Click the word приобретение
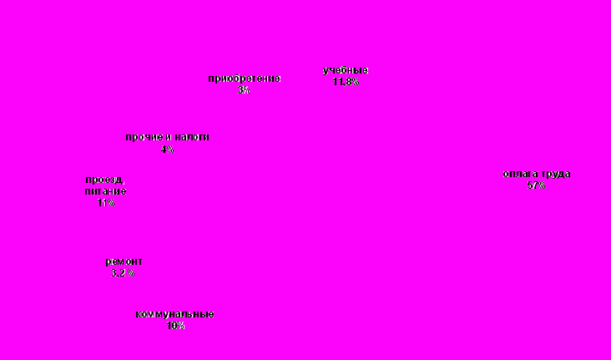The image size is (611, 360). pos(244,79)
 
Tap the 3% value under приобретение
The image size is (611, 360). pos(244,89)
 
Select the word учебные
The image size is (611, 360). pos(346,70)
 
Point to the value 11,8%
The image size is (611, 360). pos(346,82)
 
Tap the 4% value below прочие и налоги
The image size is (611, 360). pos(167,149)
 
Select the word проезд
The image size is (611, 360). pos(104,180)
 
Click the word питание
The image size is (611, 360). pos(105,191)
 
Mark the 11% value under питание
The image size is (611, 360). pos(105,202)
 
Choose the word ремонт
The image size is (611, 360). pos(124,261)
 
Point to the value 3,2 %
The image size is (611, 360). pos(123,273)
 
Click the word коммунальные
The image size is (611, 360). pos(174,314)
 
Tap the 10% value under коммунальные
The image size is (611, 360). pos(174,326)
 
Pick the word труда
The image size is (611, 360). pos(555,174)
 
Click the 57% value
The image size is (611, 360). pos(536,185)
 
